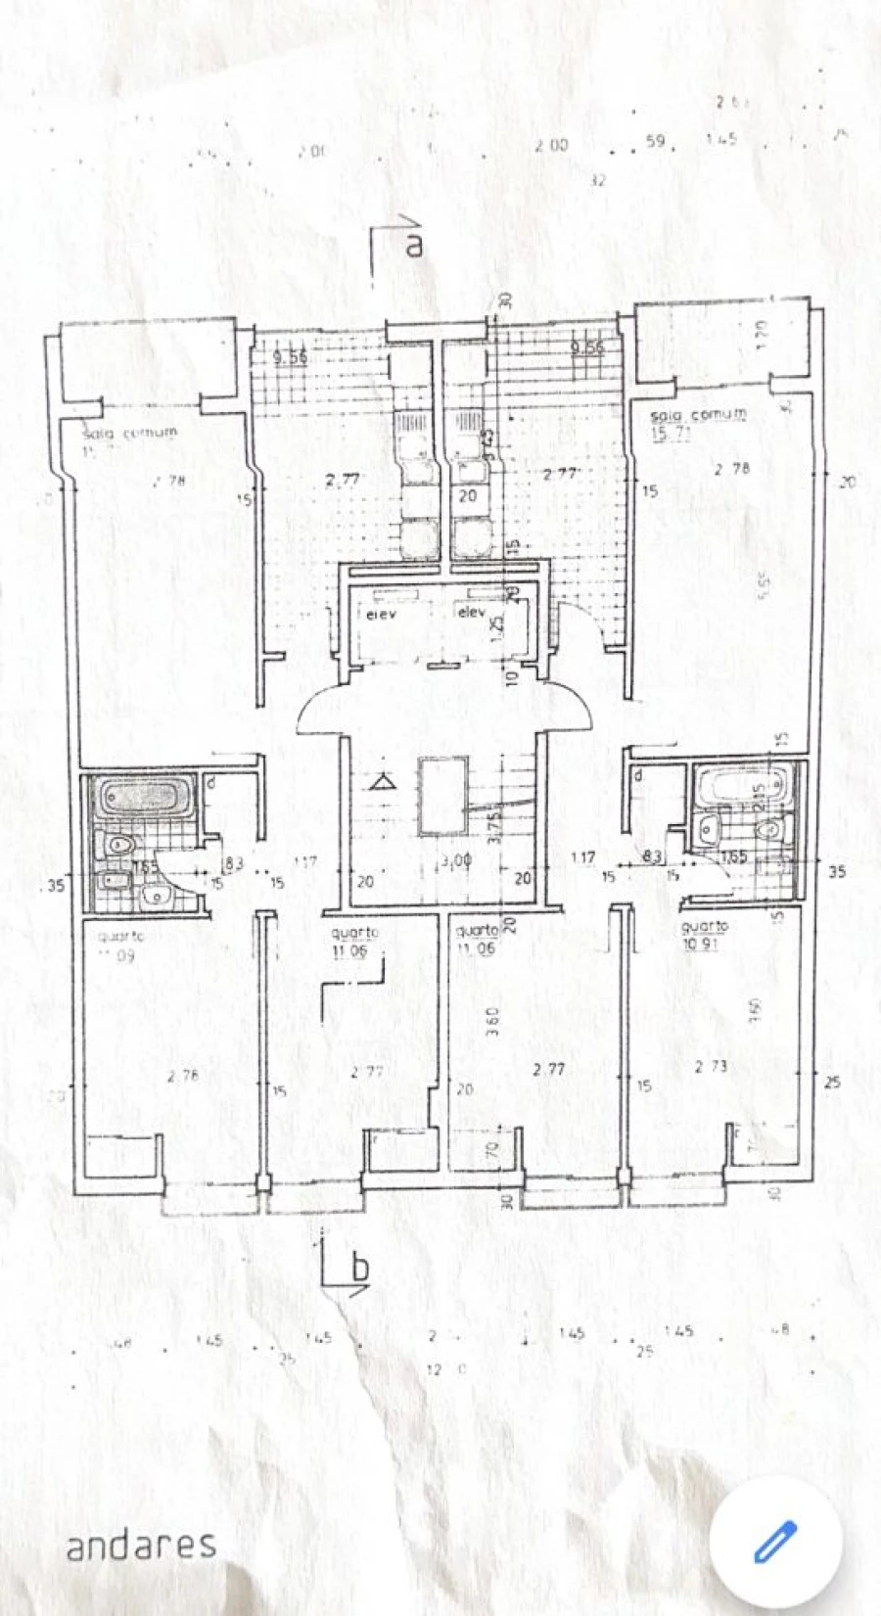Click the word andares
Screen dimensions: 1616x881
(141, 1545)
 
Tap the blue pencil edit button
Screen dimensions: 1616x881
(775, 1543)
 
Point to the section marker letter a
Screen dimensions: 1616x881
(415, 245)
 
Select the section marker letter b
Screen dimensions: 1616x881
(360, 1270)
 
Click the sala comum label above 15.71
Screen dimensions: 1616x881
(697, 415)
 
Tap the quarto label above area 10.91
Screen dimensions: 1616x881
(704, 926)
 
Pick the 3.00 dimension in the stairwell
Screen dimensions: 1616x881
(456, 862)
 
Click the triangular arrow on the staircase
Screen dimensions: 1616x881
(383, 781)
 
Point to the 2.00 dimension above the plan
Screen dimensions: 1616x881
(551, 145)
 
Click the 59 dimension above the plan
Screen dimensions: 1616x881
(655, 142)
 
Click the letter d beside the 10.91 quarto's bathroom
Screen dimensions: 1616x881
(638, 776)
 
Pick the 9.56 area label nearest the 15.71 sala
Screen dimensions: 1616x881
(587, 346)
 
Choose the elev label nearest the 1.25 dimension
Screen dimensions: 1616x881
(471, 614)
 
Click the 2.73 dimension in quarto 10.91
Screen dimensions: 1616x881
(712, 1066)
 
